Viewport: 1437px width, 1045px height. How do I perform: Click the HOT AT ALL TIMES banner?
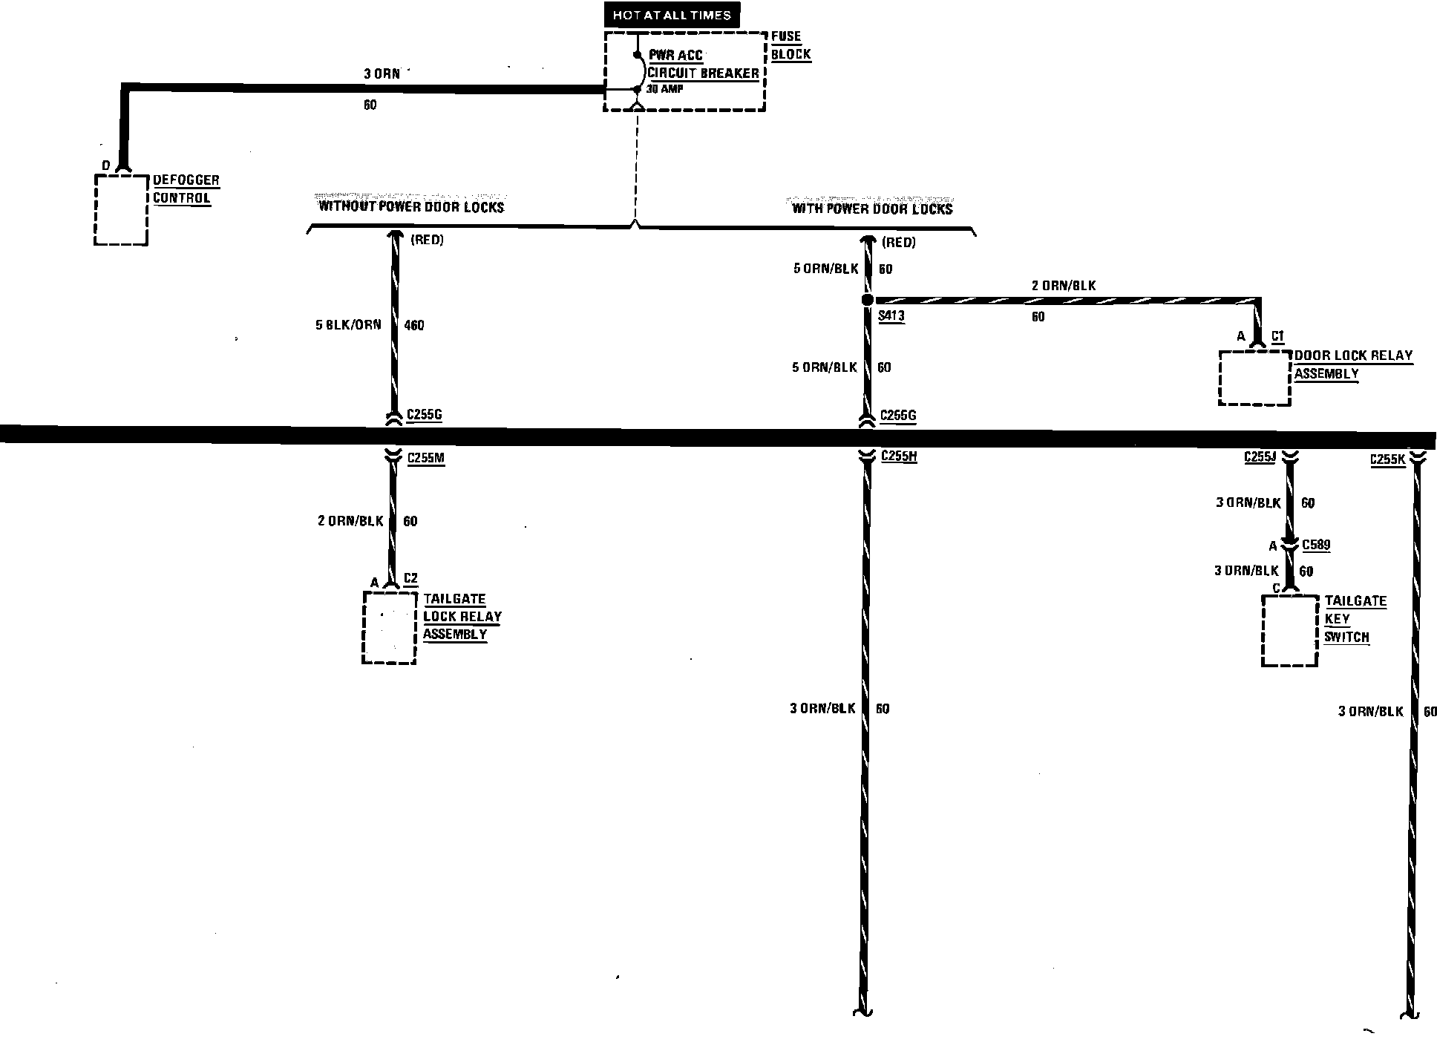coord(672,15)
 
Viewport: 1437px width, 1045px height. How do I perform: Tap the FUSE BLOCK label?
coord(790,45)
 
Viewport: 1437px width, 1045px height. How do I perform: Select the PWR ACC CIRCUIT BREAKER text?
coord(702,65)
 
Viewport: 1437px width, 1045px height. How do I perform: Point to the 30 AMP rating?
coord(664,89)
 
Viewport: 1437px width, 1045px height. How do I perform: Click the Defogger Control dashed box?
coord(121,210)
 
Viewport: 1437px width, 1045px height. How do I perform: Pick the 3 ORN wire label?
coord(382,73)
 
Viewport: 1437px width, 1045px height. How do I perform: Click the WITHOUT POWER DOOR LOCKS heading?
coord(411,206)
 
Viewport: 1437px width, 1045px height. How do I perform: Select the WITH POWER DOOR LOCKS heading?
coord(872,209)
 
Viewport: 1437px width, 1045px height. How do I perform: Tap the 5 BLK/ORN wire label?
coord(348,324)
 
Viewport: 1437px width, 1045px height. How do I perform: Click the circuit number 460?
coord(414,325)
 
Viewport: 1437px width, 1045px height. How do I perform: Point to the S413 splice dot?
coord(867,301)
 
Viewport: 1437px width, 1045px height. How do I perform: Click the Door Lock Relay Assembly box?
coord(1254,379)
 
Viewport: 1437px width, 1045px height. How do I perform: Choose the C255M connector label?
coord(426,458)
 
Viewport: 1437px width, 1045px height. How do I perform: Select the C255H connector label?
coord(899,456)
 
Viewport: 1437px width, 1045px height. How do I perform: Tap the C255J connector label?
coord(1260,457)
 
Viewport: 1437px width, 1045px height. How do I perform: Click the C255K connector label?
coord(1387,459)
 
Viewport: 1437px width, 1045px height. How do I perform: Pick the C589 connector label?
coord(1317,546)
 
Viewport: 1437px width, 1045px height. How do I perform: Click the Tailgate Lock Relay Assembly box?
coord(389,627)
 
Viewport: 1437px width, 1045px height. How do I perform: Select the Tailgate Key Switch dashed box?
coord(1290,630)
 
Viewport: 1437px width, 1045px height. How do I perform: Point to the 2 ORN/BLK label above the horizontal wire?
coord(1064,285)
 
